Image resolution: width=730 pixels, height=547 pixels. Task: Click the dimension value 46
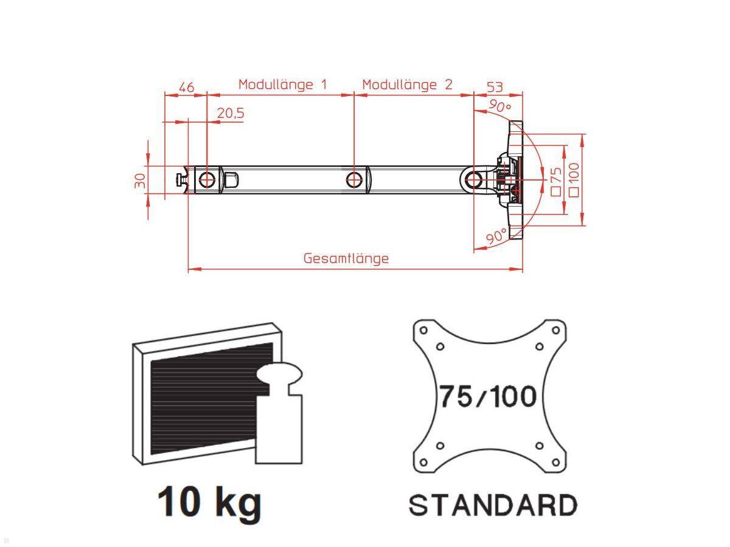(186, 87)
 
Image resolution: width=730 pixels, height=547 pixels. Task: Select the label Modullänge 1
(282, 84)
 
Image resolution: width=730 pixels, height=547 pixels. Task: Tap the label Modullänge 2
(408, 84)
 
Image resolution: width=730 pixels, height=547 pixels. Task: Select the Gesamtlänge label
(346, 258)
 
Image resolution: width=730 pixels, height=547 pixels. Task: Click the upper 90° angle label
(499, 107)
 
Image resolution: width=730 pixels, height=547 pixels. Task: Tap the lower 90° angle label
(496, 236)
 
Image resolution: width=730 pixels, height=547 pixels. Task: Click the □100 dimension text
(572, 179)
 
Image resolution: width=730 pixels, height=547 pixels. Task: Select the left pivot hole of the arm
(207, 180)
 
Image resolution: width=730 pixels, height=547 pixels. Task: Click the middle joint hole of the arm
(354, 179)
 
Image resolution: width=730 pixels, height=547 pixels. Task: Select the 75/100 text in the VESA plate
(488, 397)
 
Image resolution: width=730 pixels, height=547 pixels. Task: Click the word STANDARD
(492, 505)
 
